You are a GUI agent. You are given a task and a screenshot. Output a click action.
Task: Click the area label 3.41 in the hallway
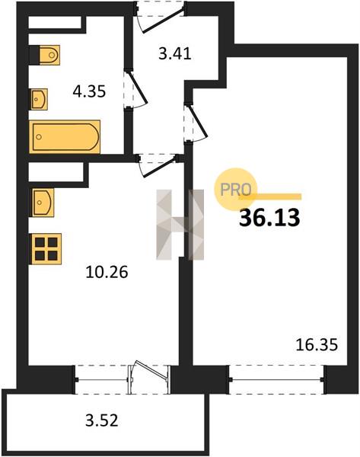coord(175,54)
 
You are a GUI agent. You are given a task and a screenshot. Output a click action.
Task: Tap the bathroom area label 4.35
coord(89,91)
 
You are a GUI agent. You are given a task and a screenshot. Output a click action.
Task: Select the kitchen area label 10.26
coord(107,272)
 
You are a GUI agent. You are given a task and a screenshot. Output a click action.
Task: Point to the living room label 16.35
coord(317,344)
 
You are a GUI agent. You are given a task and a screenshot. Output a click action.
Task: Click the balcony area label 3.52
coord(102,420)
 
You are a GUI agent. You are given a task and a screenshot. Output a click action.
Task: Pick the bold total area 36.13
coord(269,218)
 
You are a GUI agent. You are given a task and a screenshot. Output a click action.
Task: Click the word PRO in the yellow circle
coord(236,190)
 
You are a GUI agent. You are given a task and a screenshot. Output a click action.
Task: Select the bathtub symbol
coord(65,136)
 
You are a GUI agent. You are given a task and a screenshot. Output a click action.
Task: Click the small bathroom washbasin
coord(39,99)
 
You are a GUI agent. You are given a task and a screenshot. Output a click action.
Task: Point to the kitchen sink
coord(43,203)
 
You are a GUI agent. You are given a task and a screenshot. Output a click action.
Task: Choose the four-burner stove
coord(46,249)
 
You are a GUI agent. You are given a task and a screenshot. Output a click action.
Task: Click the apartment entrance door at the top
coord(161,16)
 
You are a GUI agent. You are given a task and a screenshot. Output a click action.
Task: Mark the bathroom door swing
coord(135,90)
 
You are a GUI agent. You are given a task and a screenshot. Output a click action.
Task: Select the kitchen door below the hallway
coord(158,165)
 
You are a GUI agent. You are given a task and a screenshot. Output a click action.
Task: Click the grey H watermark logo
coord(180,225)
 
